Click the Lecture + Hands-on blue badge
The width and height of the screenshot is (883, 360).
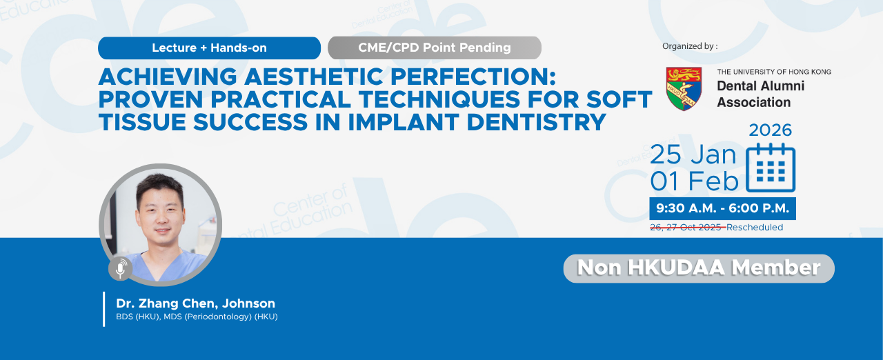point(209,48)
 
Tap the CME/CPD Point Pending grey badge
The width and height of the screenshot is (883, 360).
point(435,48)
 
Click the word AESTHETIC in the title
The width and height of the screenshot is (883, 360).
point(314,77)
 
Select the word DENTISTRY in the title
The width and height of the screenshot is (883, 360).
point(536,122)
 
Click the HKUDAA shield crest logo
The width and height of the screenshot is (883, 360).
point(684,89)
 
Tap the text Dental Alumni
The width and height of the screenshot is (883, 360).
point(760,86)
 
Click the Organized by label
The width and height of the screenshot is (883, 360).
point(690,46)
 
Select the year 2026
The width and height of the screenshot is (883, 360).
point(771,130)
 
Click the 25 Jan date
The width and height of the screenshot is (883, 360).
point(693,154)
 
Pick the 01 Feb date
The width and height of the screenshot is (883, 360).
point(694,181)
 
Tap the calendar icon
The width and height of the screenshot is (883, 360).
point(771,168)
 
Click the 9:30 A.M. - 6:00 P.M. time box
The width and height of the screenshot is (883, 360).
point(722,208)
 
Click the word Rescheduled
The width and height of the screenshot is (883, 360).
point(755,228)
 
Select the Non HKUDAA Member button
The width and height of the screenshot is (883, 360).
point(699,268)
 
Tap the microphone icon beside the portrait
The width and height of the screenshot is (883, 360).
point(120,269)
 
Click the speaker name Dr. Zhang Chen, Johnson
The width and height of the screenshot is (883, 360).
point(195,303)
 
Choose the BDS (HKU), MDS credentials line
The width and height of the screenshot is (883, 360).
point(197,317)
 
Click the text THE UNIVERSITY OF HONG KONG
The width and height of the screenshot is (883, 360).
point(774,72)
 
